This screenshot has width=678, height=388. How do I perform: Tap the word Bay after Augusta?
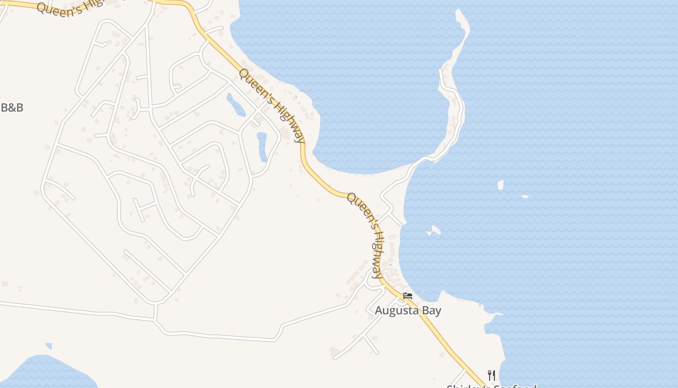[x=431, y=310]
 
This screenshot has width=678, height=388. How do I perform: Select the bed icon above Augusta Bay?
[x=408, y=295]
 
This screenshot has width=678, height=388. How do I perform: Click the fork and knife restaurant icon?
[x=491, y=375]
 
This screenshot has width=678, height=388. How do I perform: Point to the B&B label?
[x=12, y=108]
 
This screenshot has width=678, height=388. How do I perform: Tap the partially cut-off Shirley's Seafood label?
[x=491, y=386]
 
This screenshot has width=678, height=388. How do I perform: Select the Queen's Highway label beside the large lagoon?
[x=273, y=105]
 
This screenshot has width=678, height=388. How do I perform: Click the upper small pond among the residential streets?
[x=236, y=105]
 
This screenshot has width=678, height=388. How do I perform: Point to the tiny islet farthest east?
[x=525, y=196]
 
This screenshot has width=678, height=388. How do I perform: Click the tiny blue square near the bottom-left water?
[x=48, y=346]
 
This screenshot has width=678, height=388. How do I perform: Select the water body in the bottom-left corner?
[x=44, y=373]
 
